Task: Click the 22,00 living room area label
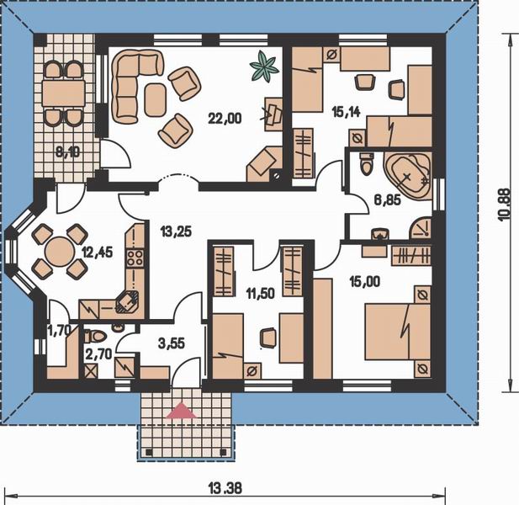click(225, 118)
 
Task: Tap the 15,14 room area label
click(346, 112)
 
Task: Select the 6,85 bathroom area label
click(388, 199)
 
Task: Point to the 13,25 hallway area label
click(176, 231)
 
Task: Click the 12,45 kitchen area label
click(98, 252)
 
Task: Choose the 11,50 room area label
click(261, 293)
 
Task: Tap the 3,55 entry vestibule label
click(172, 343)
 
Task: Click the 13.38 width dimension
click(225, 488)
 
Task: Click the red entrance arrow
click(182, 410)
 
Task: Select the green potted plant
click(263, 66)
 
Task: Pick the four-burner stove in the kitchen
click(135, 258)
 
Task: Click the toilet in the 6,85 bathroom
click(366, 164)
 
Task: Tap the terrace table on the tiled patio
click(63, 93)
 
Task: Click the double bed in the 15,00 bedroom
click(398, 332)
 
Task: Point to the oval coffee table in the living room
click(156, 99)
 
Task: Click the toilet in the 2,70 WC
click(95, 337)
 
